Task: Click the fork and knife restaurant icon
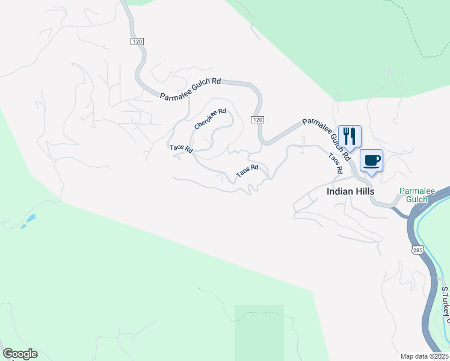[350, 135]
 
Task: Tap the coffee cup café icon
[371, 161]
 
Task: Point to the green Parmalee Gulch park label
[417, 195]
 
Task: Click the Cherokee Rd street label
[210, 119]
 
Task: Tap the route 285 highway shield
[417, 249]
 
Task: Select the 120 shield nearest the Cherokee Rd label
[257, 120]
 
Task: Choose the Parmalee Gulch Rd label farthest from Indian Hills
[191, 88]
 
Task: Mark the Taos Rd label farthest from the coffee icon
[180, 149]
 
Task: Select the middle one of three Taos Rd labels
[247, 171]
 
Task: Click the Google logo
[20, 354]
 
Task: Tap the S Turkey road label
[445, 301]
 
